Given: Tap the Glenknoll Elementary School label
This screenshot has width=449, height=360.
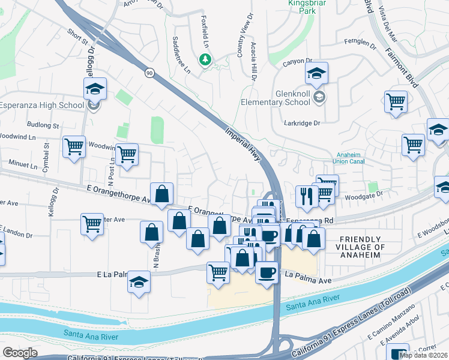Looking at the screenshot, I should coord(296,98).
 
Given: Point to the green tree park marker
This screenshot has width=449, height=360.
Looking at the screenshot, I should coord(205,59).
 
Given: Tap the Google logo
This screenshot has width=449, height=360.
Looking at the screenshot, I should coord(20,353).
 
